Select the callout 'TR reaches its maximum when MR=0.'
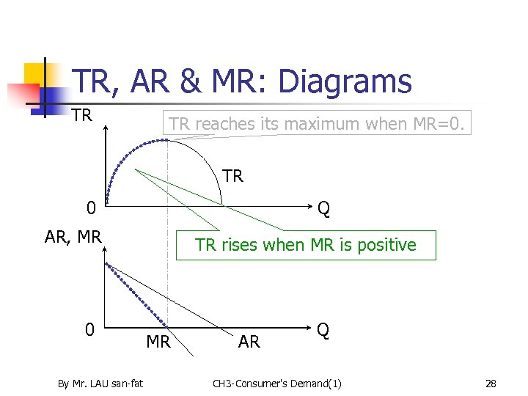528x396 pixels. (x=315, y=124)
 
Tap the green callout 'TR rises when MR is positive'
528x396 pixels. (x=306, y=245)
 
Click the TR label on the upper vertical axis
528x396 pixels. (x=82, y=115)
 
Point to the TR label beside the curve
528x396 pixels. (x=232, y=176)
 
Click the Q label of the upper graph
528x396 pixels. (x=323, y=209)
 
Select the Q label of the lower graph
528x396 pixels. (x=323, y=330)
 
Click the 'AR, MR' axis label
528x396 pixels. (x=73, y=236)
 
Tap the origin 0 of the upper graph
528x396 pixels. (x=90, y=209)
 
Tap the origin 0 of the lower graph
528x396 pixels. (x=89, y=330)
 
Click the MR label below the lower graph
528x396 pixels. (x=158, y=342)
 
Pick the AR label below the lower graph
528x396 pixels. (x=249, y=342)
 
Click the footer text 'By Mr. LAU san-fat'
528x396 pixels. (x=100, y=383)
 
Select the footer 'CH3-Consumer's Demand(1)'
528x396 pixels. (x=276, y=383)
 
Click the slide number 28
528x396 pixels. (x=491, y=383)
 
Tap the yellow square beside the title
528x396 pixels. (x=35, y=74)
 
